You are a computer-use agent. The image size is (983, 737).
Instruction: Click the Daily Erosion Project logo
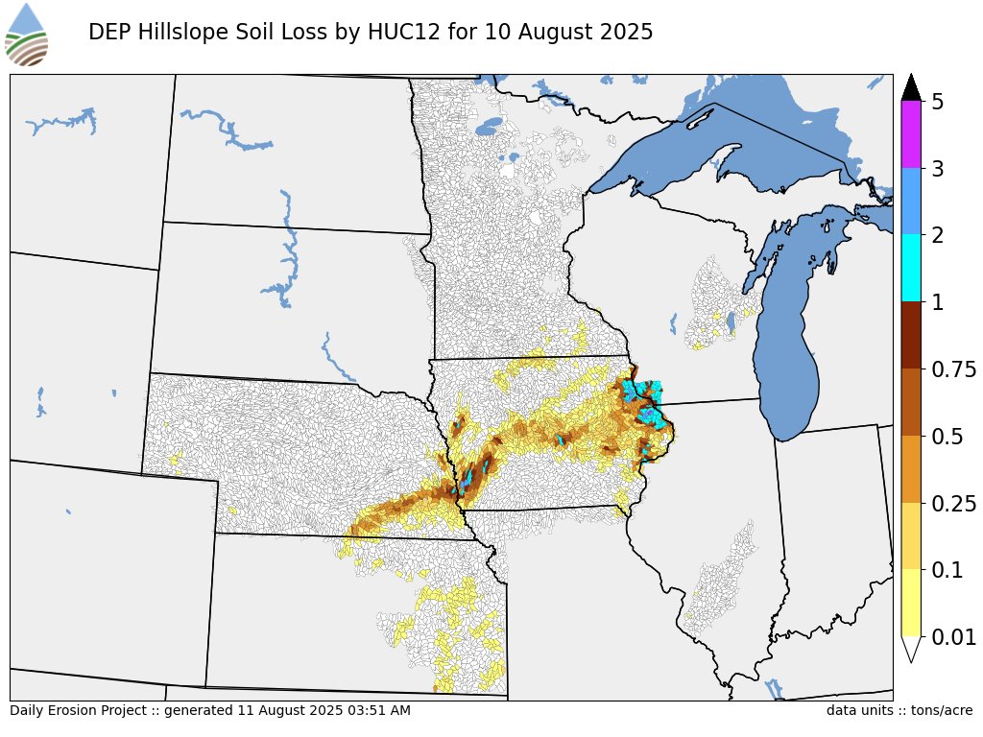click(26, 35)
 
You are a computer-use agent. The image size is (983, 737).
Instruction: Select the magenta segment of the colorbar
click(911, 134)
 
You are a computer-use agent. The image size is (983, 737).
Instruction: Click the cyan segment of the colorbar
click(911, 269)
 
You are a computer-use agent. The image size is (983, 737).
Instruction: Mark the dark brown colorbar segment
click(911, 336)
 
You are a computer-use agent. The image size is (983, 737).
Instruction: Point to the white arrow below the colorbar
click(911, 649)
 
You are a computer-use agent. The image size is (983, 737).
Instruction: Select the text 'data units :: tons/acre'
click(899, 711)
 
